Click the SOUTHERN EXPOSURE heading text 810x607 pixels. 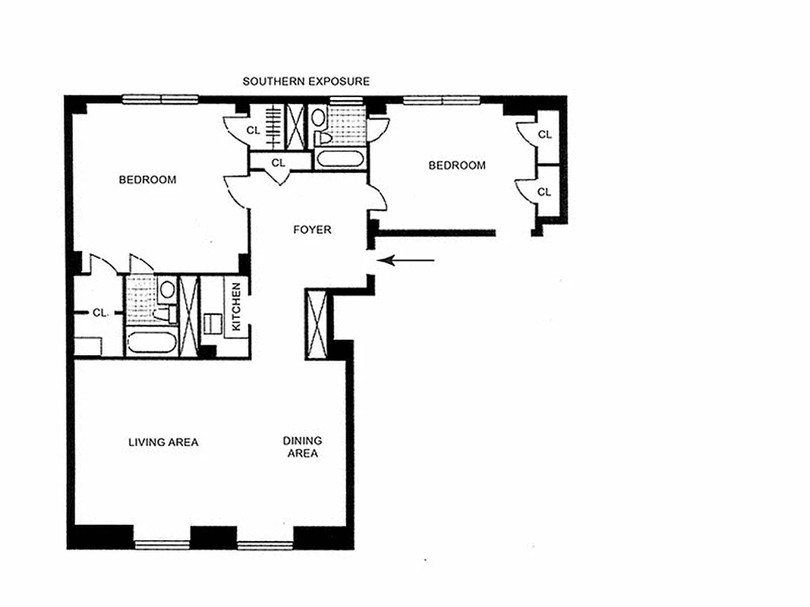pyautogui.click(x=306, y=81)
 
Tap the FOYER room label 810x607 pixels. pyautogui.click(x=312, y=230)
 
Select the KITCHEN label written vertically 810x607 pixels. pyautogui.click(x=236, y=307)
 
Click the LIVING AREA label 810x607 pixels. pyautogui.click(x=163, y=442)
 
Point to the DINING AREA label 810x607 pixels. pyautogui.click(x=302, y=447)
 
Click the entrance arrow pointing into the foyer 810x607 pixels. pyautogui.click(x=406, y=260)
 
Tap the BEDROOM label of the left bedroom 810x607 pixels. pyautogui.click(x=147, y=180)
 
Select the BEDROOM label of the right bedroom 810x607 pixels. pyautogui.click(x=457, y=165)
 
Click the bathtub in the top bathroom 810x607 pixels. pyautogui.click(x=340, y=157)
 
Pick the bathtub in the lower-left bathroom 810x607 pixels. pyautogui.click(x=152, y=341)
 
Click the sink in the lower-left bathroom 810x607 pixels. pyautogui.click(x=167, y=290)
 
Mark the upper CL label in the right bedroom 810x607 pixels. pyautogui.click(x=544, y=134)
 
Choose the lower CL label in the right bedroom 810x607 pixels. pyautogui.click(x=544, y=192)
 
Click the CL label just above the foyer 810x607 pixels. pyautogui.click(x=278, y=162)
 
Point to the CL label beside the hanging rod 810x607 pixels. pyautogui.click(x=253, y=130)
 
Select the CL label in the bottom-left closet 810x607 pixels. pyautogui.click(x=99, y=313)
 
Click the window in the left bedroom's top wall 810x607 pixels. pyautogui.click(x=160, y=99)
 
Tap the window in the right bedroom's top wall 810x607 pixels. pyautogui.click(x=442, y=99)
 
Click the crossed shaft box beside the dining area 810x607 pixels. pyautogui.click(x=316, y=324)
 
